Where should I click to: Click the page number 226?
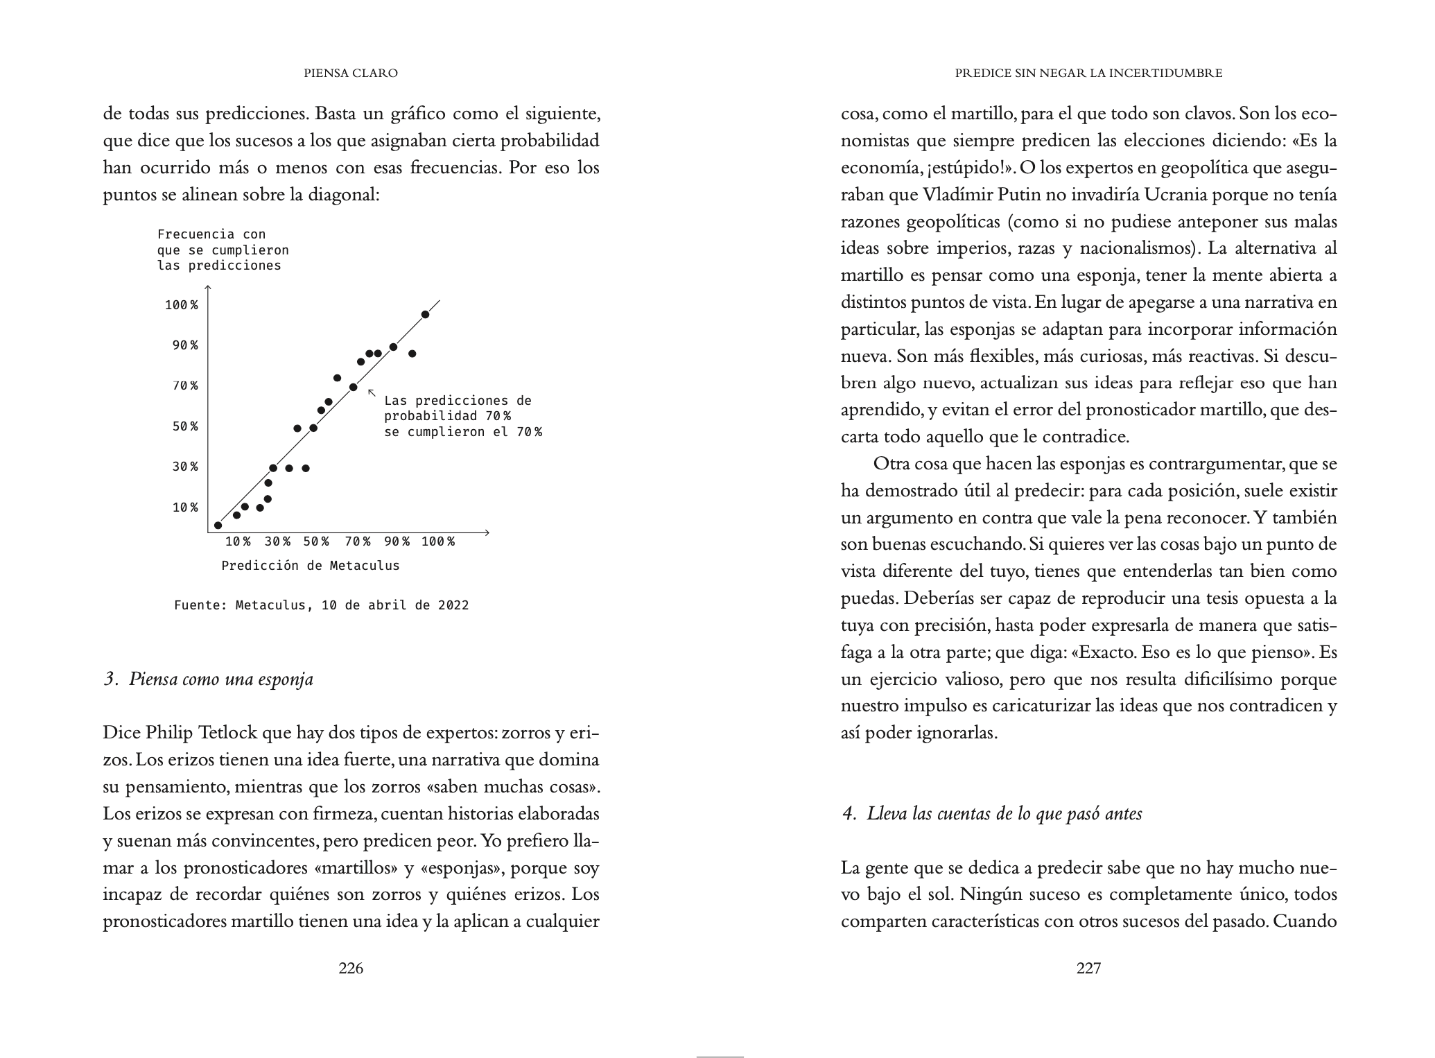pyautogui.click(x=351, y=969)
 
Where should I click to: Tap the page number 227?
pyautogui.click(x=1088, y=969)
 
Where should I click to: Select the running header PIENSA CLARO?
pyautogui.click(x=351, y=73)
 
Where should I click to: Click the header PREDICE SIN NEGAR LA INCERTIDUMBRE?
pyautogui.click(x=1088, y=73)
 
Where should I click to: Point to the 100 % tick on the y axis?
pyautogui.click(x=182, y=305)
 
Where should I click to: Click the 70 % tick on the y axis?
pyautogui.click(x=185, y=386)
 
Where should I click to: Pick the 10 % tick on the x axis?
pyautogui.click(x=238, y=541)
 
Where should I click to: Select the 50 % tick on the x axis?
pyautogui.click(x=316, y=541)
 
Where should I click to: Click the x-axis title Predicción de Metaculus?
pyautogui.click(x=311, y=566)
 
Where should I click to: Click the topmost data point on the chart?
pyautogui.click(x=425, y=315)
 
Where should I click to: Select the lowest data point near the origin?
pyautogui.click(x=218, y=526)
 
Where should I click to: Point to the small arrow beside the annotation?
pyautogui.click(x=372, y=393)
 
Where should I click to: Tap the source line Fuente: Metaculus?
pyautogui.click(x=321, y=605)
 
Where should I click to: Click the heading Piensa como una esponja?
pyautogui.click(x=208, y=679)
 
